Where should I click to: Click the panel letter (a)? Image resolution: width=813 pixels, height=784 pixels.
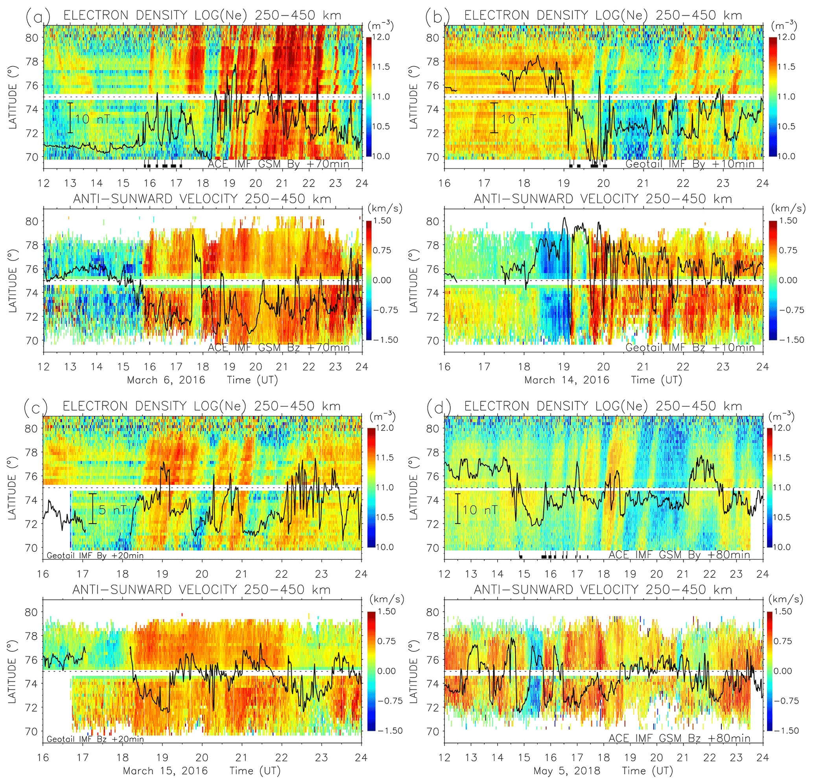coord(38,16)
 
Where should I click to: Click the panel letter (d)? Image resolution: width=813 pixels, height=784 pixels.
coord(439,407)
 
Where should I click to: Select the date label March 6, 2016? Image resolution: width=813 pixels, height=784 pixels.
coord(166,380)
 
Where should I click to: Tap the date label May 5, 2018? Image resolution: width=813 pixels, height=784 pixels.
coord(567,771)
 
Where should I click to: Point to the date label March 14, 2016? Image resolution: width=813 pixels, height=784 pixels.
coord(567,380)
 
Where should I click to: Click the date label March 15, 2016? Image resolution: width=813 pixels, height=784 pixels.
coord(165,771)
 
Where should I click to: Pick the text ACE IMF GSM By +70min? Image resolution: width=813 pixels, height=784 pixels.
coord(278,164)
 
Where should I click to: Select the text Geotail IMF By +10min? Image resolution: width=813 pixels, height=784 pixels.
coord(689,164)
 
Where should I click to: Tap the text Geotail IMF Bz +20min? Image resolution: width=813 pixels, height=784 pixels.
coord(95,739)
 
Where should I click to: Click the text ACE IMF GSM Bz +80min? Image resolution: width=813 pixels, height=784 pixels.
coord(679,738)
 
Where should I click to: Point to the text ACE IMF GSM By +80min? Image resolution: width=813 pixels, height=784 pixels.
coord(679,555)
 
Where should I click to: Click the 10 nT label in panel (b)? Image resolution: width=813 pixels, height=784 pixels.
coord(518,120)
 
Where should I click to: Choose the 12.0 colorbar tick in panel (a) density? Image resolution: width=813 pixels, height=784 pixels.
coord(380,37)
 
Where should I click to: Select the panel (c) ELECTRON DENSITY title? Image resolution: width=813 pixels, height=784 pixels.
coord(202,406)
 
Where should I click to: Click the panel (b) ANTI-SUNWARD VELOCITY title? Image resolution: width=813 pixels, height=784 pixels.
coord(603,199)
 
